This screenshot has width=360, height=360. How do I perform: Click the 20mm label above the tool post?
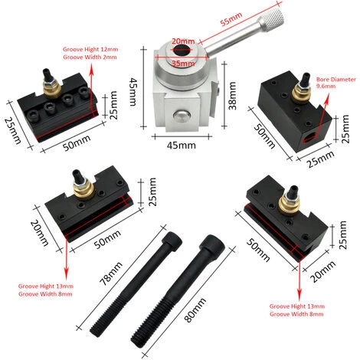[x=182, y=41]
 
